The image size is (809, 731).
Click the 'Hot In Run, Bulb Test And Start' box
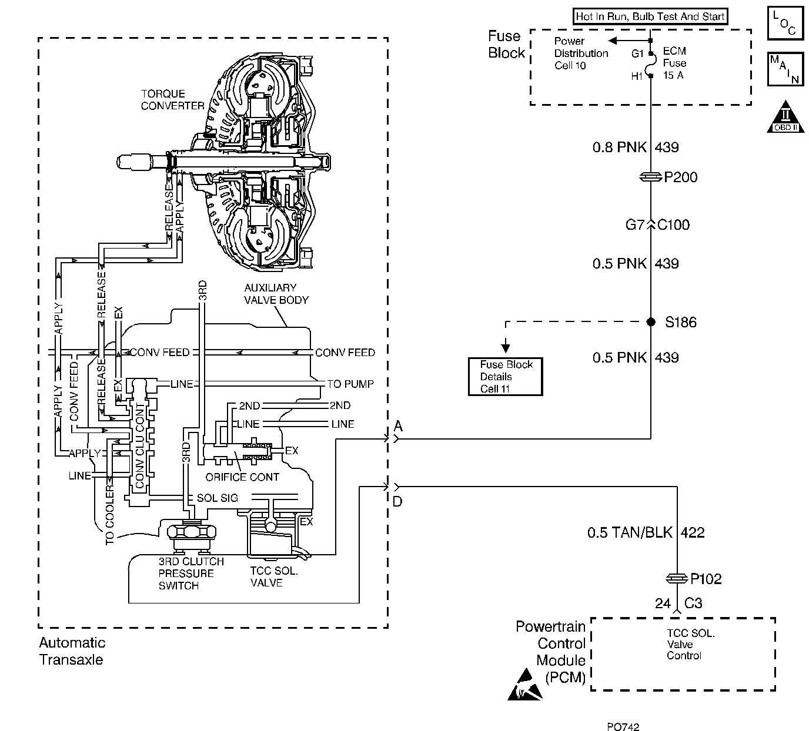coord(650,16)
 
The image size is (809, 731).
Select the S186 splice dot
coord(651,322)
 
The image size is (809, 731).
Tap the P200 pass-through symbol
coord(651,177)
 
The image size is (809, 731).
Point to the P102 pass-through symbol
coord(677,579)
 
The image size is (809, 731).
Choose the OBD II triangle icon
coord(785,119)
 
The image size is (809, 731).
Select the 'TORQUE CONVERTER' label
coord(172,100)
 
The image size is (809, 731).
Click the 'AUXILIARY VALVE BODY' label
coord(276,294)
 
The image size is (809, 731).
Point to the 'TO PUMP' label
coord(350,384)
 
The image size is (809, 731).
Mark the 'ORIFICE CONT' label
coord(242,477)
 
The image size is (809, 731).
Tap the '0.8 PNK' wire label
coord(620,147)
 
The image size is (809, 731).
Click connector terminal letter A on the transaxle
coord(398,427)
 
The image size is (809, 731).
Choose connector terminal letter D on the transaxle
coord(398,501)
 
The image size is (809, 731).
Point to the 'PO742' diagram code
coord(624,726)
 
